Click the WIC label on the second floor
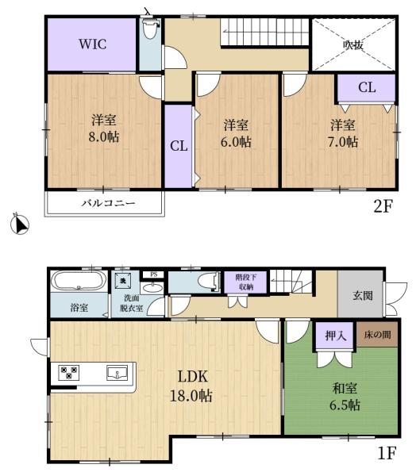93,44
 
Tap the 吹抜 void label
353,45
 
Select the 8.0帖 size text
104,137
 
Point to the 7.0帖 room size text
343,142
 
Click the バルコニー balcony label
108,203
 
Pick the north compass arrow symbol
19,224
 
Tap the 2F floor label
383,206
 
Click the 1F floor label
387,454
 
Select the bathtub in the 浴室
79,281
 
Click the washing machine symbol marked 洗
123,280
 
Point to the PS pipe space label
154,274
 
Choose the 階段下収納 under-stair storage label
246,282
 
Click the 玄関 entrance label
363,295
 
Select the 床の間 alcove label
377,335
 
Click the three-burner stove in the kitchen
69,373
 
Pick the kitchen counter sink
117,373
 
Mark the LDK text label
193,376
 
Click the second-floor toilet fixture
151,29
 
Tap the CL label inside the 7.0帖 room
367,87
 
